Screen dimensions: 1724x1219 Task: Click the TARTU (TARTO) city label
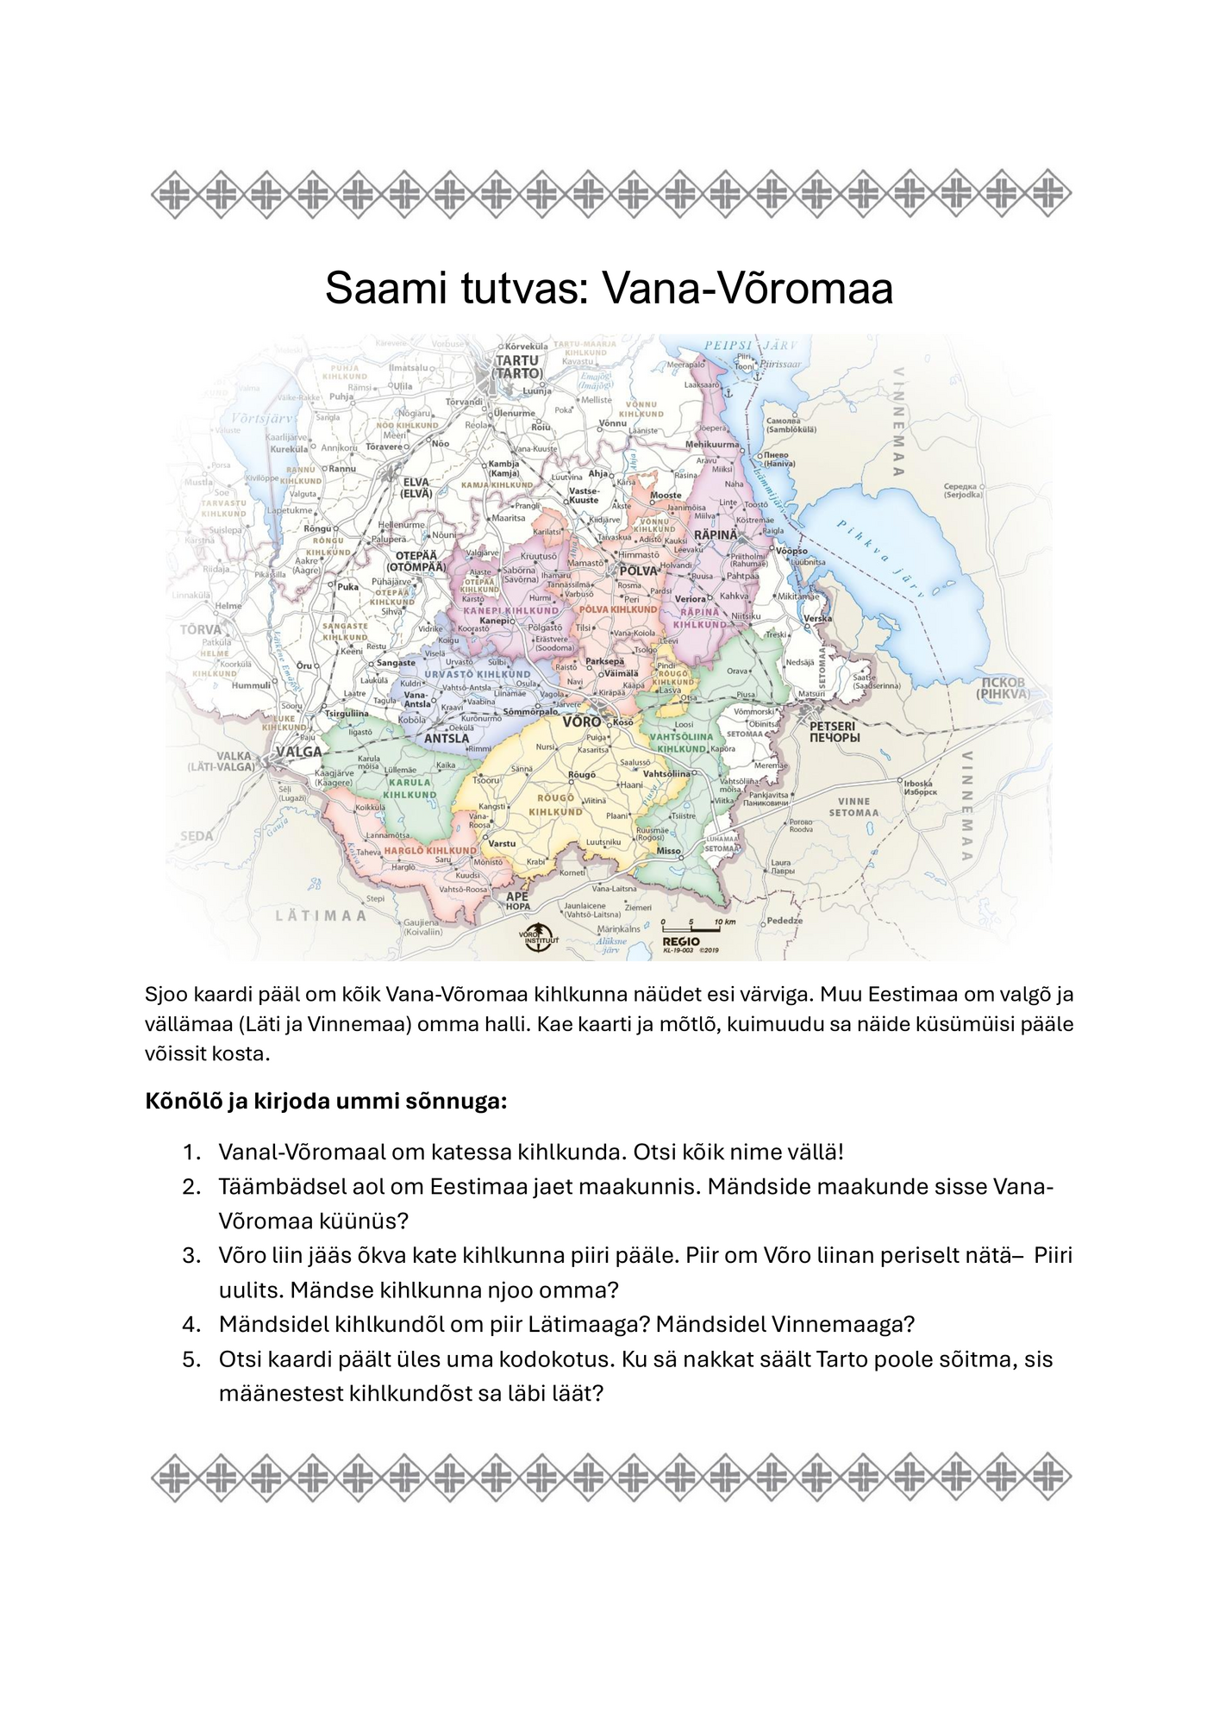coord(517,367)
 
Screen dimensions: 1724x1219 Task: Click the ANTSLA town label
coord(447,738)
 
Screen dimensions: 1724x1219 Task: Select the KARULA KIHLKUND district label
coord(409,788)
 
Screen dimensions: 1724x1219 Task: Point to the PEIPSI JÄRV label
coord(750,345)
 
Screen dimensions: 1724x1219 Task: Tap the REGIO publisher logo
coord(681,941)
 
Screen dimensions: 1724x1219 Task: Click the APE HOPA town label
coord(517,901)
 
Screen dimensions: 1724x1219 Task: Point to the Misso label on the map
coord(669,851)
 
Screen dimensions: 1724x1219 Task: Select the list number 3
coord(191,1255)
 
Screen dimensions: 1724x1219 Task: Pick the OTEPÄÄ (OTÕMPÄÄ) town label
coord(416,561)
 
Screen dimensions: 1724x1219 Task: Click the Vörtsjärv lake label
coord(265,419)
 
